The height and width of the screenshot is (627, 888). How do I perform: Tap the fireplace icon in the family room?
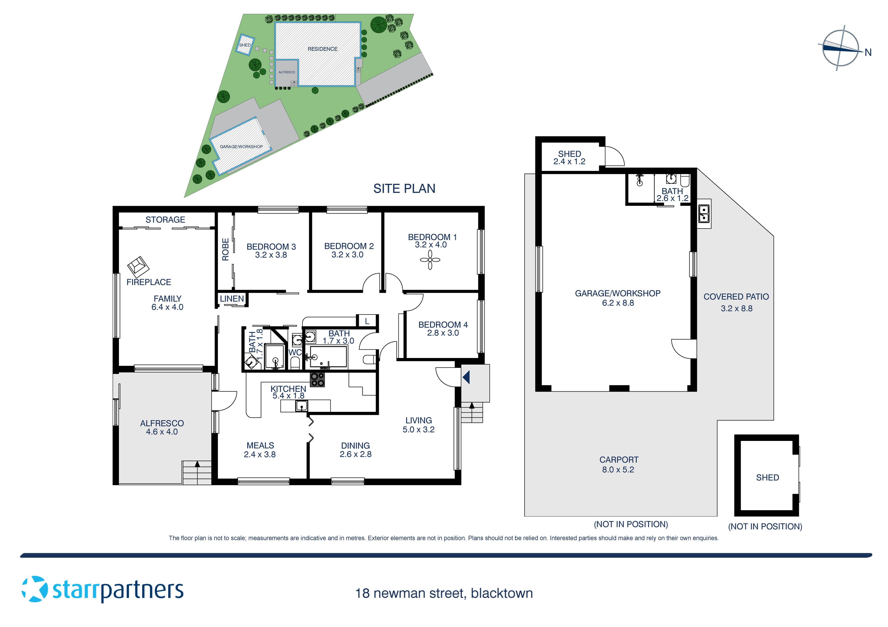tap(138, 266)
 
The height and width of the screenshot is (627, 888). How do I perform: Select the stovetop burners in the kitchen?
tap(317, 380)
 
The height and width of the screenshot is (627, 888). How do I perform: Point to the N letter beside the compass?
tap(868, 53)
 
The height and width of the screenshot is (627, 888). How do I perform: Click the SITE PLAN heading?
tap(404, 189)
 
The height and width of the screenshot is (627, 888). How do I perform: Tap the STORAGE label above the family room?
tap(165, 220)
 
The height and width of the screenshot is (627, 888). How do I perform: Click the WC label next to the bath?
tap(295, 352)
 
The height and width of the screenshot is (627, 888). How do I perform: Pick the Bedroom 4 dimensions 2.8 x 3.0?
tap(443, 333)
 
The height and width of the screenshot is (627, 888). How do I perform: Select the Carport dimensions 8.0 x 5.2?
tap(618, 470)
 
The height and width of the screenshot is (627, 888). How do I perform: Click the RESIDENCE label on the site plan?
tap(322, 49)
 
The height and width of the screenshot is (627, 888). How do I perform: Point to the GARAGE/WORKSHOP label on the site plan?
tap(241, 147)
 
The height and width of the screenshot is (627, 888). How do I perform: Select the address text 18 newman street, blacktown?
tap(444, 593)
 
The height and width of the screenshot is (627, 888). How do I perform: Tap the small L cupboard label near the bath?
tap(367, 321)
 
